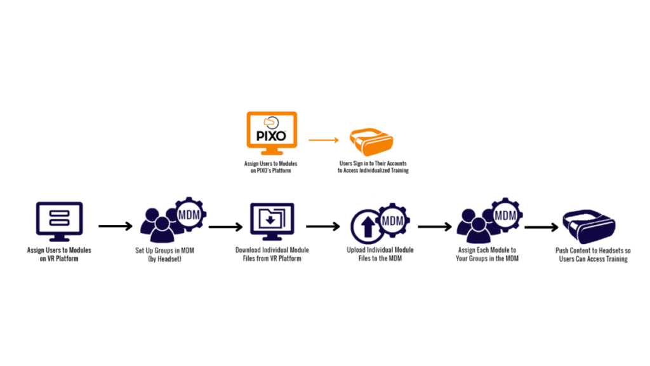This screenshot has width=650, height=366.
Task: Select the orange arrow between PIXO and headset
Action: click(x=324, y=139)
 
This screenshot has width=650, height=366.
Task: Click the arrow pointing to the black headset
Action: click(x=540, y=226)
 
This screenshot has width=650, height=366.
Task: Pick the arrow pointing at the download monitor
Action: click(x=226, y=226)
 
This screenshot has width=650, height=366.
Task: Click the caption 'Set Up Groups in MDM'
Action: click(x=164, y=250)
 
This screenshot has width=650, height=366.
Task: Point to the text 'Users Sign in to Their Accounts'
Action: click(x=373, y=163)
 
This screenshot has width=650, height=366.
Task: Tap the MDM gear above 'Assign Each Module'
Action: click(x=505, y=215)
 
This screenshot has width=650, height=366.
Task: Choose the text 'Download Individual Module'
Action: click(x=272, y=250)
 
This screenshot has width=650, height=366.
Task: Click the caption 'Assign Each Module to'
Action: click(x=487, y=250)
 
